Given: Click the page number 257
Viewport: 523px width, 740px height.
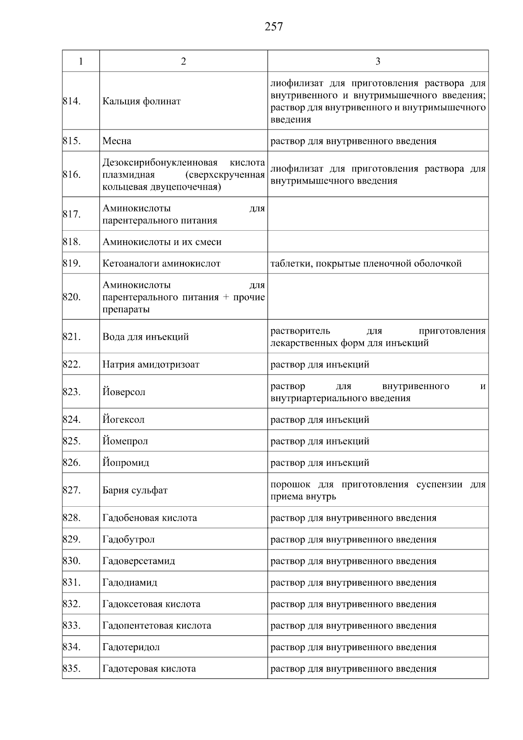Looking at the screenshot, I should [274, 27].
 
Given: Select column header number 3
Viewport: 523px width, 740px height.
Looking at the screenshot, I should [377, 61].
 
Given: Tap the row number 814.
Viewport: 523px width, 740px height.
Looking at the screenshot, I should [71, 101].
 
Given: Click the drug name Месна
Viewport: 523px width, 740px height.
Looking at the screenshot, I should [117, 141].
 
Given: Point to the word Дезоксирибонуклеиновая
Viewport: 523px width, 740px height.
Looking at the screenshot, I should [160, 163].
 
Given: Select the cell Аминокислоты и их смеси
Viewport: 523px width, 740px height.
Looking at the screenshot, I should [162, 242].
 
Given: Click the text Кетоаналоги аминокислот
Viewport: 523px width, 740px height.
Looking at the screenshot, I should [161, 263].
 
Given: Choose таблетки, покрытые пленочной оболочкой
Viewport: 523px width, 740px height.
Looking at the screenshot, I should [366, 263].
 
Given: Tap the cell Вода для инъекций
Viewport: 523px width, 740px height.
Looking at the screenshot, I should [146, 337].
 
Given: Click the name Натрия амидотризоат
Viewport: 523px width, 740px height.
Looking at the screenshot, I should [151, 365].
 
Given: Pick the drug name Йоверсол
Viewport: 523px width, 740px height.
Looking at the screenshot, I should [124, 392].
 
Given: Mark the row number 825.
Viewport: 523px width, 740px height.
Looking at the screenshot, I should [71, 441].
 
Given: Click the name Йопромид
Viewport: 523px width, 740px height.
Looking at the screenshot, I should [126, 463].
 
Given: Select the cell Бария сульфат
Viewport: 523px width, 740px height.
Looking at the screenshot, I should [135, 490].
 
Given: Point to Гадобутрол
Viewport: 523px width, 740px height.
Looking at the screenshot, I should [128, 539].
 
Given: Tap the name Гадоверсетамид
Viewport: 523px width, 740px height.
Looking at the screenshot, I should [139, 561].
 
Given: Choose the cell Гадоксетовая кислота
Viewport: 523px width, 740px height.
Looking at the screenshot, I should [151, 604].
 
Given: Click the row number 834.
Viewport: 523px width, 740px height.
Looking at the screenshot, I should [71, 647].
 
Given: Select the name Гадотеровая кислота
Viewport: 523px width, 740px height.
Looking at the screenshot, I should [149, 668].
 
